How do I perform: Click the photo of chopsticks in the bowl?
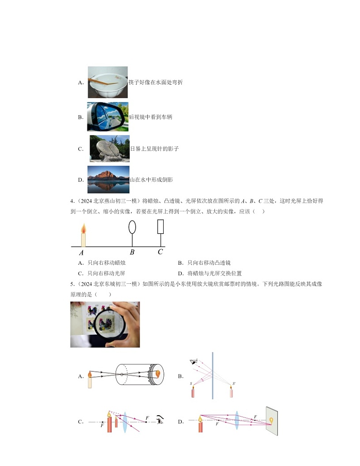[x=107, y=82]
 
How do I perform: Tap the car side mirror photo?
[x=107, y=117]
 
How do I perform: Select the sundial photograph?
[x=109, y=148]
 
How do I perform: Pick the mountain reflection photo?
[x=108, y=180]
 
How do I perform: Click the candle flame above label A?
[x=83, y=229]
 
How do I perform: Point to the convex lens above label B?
[x=132, y=227]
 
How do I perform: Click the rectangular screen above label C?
[x=160, y=227]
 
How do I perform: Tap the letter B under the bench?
[x=132, y=252]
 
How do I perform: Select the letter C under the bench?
[x=160, y=252]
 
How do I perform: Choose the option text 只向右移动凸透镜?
[x=209, y=263]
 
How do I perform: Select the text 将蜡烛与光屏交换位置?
[x=214, y=273]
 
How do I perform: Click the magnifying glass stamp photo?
[x=105, y=324]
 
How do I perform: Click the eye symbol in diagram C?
[x=160, y=421]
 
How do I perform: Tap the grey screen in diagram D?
[x=272, y=421]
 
